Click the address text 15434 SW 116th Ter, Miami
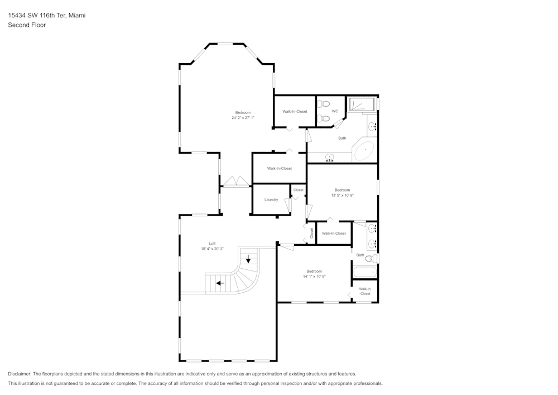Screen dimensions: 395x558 (46, 16)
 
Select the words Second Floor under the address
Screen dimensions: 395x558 (27, 25)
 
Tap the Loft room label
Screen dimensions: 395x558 (212, 244)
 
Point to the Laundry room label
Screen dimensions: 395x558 (271, 199)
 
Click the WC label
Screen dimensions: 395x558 (335, 111)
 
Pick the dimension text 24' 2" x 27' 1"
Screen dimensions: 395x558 (243, 118)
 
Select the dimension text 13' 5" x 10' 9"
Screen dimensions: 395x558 (342, 195)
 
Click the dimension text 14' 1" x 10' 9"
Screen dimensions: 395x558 (314, 277)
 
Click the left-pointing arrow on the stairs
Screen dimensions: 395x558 (220, 283)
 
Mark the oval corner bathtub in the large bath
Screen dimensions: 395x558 (365, 151)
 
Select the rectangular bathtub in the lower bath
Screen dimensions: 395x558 (364, 272)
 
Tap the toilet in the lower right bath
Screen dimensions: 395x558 (369, 258)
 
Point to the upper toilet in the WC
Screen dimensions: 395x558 (325, 103)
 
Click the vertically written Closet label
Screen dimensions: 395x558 (311, 234)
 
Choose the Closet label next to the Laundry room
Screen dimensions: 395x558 (299, 190)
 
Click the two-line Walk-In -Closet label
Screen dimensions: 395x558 (364, 291)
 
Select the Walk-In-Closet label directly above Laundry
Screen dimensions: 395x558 (279, 168)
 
